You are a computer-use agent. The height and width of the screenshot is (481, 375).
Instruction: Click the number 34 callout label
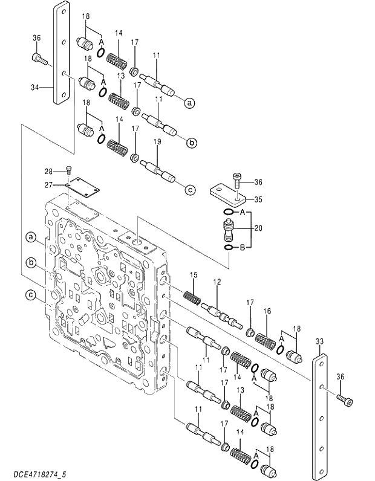(34, 87)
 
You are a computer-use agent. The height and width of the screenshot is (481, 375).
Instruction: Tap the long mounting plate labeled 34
(62, 54)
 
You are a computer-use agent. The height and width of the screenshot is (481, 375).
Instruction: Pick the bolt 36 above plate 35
(237, 178)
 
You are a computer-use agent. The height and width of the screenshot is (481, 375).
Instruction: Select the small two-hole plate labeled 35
(228, 195)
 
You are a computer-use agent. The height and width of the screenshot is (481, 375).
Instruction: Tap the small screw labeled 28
(70, 171)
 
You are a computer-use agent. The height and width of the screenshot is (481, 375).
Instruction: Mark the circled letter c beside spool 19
(189, 190)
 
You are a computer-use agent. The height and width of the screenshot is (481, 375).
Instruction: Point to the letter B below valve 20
(242, 248)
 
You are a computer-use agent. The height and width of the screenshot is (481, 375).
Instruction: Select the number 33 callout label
(319, 342)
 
